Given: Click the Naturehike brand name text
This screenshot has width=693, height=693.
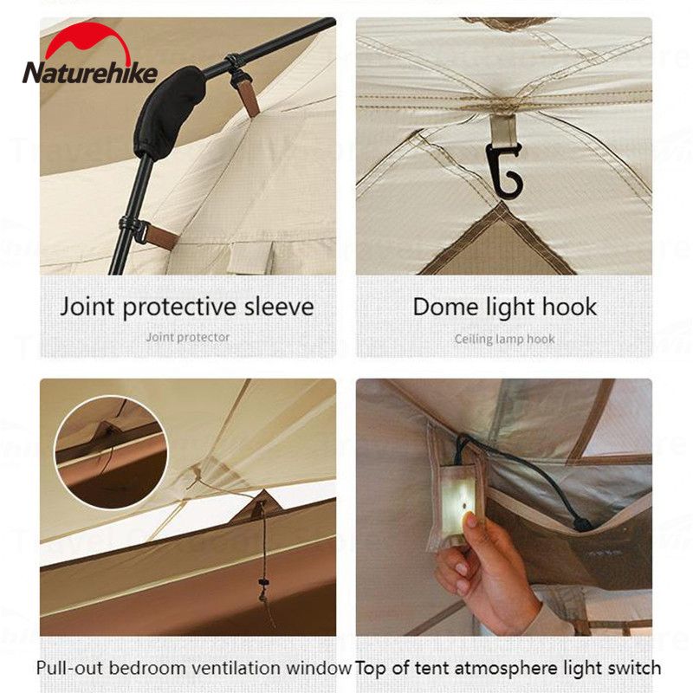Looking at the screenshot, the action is click(90, 73).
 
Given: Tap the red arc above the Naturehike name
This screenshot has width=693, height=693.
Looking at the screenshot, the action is click(88, 41).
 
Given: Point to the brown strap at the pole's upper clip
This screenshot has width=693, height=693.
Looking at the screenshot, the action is click(249, 97).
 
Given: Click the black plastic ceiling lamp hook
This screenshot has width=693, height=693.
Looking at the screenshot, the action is click(505, 171).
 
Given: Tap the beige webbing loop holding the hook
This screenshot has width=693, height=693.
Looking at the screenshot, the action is click(503, 128).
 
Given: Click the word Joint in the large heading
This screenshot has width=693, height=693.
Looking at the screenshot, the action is click(87, 307).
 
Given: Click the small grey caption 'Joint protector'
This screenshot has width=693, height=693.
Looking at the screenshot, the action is click(187, 338).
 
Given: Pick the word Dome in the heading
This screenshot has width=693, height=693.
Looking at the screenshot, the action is click(446, 307).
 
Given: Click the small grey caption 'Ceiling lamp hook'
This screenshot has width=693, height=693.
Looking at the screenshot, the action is click(504, 339).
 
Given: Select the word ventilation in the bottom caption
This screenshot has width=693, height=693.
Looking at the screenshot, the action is click(230, 668).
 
